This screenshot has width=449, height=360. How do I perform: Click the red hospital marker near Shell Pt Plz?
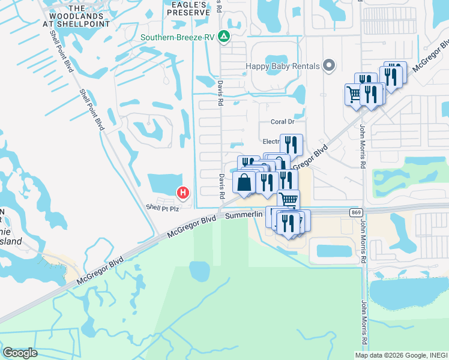183,193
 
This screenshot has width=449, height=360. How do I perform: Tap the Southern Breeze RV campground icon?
224,37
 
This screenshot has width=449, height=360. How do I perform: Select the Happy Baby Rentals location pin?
328,65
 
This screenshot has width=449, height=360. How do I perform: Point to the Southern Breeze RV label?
177,37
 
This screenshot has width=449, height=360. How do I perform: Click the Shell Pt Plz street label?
163,208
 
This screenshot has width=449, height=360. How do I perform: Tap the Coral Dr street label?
282,121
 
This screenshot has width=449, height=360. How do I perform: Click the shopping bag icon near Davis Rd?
244,182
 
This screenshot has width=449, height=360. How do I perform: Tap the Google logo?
20,353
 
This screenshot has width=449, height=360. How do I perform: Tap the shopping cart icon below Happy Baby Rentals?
354,94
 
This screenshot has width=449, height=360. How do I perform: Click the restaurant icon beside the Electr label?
291,144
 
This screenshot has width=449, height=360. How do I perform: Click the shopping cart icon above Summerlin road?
289,199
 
